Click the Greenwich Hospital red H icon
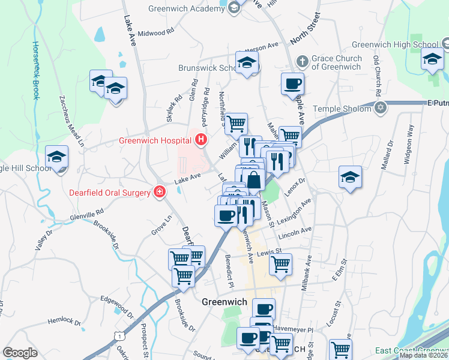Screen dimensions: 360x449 point(201,141)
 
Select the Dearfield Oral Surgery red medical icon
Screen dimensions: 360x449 point(160,193)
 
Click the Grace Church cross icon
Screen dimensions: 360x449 point(303,61)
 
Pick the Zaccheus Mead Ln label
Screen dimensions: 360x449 point(71,121)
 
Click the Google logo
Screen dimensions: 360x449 point(20,353)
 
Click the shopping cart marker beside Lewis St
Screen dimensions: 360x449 point(280,264)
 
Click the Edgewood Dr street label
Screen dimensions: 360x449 point(116,305)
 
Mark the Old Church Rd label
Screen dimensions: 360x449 point(377,77)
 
